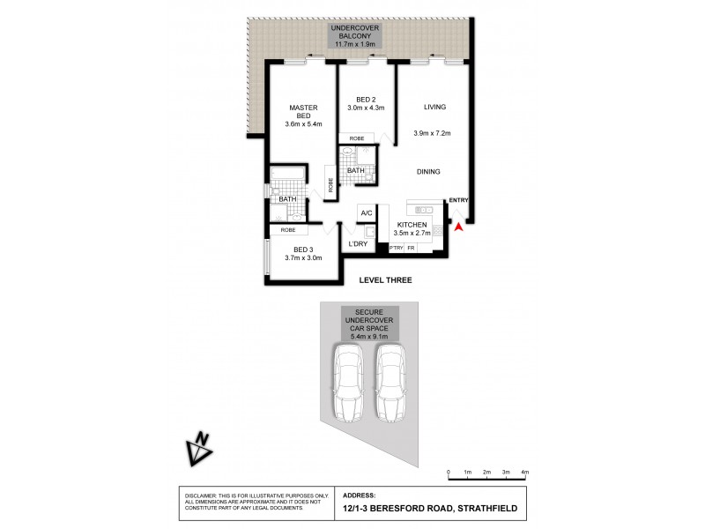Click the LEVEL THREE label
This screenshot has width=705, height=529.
click(x=385, y=279)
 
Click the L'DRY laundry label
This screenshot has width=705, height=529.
click(x=358, y=243)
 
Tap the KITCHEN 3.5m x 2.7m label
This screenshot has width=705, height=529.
click(x=412, y=229)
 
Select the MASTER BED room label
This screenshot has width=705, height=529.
click(x=303, y=115)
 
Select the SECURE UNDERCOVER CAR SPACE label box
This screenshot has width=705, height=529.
click(x=369, y=323)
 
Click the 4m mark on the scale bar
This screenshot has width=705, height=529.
click(x=524, y=473)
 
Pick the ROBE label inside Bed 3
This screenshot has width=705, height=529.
click(x=287, y=230)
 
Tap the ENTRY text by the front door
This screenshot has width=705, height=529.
click(x=458, y=201)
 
